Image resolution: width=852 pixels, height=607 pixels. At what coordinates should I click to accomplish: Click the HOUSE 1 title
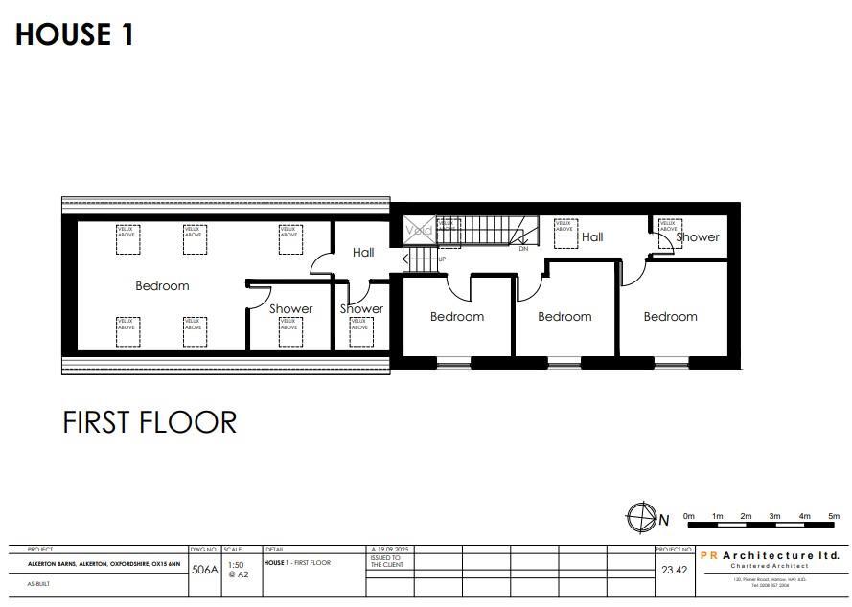tap(75, 35)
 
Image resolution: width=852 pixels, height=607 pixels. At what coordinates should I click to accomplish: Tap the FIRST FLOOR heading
tap(150, 422)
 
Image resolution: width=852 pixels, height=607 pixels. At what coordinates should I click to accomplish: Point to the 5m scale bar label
tap(834, 517)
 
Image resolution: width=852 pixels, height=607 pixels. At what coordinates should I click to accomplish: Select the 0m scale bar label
tap(688, 517)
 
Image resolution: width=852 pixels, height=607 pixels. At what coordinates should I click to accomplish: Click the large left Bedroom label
tap(162, 285)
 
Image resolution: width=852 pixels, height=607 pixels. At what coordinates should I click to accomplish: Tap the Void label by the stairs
tap(419, 231)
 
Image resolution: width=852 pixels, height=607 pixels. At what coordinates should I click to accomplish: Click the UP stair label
tap(442, 259)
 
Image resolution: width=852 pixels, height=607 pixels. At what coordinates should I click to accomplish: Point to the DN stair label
tap(523, 248)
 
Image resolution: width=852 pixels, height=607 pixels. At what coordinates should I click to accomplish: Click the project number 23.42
tap(673, 569)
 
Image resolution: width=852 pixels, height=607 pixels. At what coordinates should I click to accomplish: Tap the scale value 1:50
tap(236, 565)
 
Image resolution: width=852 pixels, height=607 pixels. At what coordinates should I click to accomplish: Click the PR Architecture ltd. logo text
tap(770, 555)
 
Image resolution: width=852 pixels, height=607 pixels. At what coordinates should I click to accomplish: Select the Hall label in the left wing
tap(363, 253)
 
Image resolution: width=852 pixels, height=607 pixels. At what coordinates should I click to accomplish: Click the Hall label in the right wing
tap(592, 236)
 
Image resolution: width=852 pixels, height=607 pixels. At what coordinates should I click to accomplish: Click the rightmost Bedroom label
tap(670, 316)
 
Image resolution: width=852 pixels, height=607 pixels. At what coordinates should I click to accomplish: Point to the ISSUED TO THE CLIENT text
tap(385, 561)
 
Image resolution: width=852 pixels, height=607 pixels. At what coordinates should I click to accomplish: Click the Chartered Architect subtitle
tap(770, 566)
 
